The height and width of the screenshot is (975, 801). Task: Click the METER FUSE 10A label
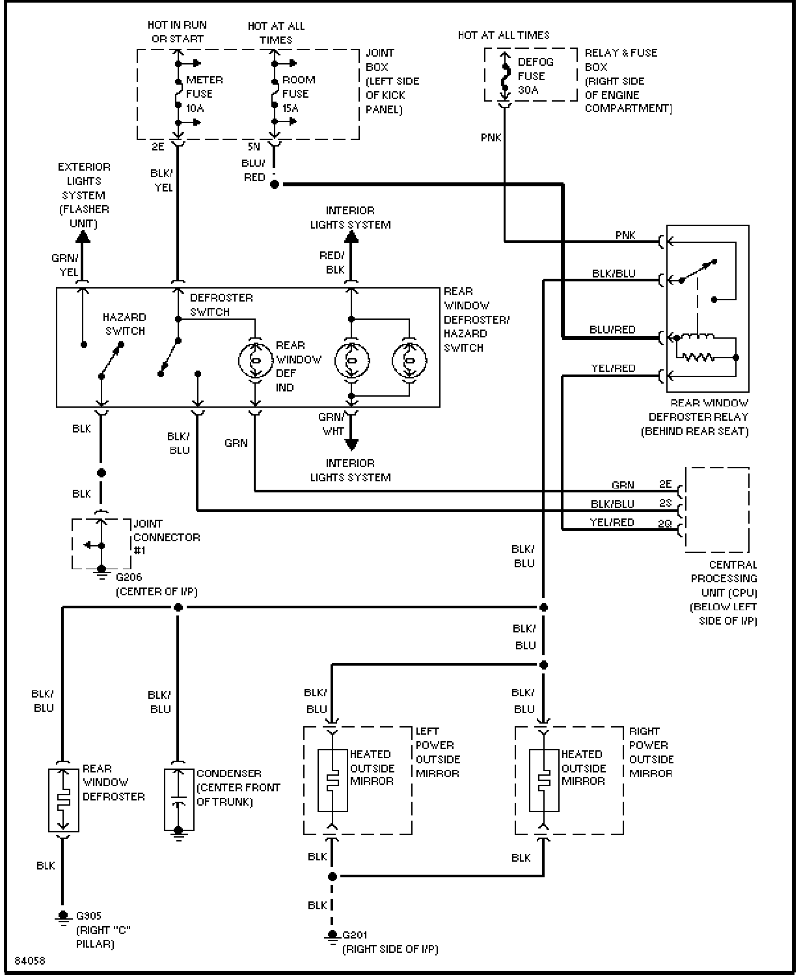204,94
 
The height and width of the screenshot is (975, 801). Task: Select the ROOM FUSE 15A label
299,94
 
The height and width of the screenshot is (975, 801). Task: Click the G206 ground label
129,577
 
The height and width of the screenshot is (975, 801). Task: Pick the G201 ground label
355,935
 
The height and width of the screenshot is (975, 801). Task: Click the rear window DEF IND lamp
256,361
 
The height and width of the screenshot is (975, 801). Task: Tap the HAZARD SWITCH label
124,324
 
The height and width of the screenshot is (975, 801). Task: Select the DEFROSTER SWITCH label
221,305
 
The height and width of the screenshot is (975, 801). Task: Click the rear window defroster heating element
63,800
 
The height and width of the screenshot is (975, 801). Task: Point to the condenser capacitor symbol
179,800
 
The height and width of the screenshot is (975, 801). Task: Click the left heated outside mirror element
333,780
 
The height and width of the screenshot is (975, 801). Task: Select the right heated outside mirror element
544,780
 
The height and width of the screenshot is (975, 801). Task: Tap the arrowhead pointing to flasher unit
83,236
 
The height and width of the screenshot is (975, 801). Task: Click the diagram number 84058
30,961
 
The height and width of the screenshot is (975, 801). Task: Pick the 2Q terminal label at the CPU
665,524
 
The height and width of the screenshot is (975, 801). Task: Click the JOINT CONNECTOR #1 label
167,537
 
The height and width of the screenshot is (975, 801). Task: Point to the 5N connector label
254,147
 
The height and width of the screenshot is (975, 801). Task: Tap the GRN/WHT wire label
331,424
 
